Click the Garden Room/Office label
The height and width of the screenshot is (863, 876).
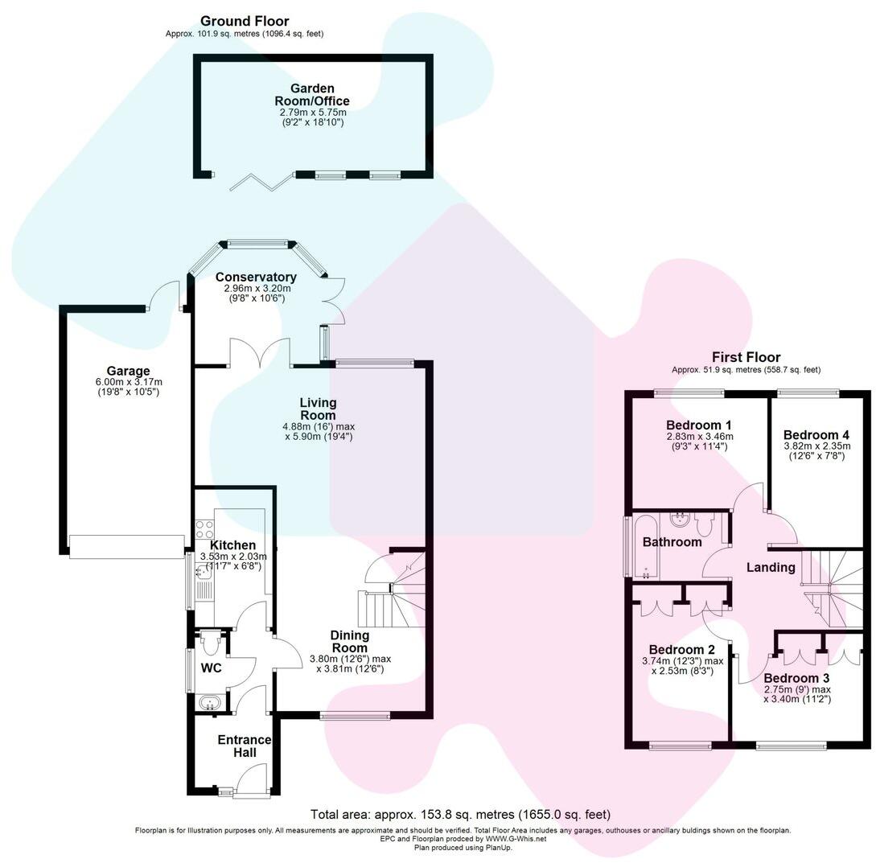tap(313, 95)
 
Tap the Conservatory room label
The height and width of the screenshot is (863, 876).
tap(256, 277)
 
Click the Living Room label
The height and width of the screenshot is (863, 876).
tap(318, 409)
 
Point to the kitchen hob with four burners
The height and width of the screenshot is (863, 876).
tap(203, 529)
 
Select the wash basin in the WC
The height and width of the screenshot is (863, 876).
tap(212, 703)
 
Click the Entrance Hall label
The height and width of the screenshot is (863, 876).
tap(245, 746)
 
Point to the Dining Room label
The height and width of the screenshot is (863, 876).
tap(350, 642)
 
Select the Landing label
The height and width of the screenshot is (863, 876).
tap(771, 567)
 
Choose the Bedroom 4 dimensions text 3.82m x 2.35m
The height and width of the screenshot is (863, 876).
tap(817, 446)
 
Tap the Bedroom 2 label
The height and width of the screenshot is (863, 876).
tap(682, 650)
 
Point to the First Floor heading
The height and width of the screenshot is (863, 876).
tap(746, 357)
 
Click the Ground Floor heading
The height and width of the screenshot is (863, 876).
tap(245, 21)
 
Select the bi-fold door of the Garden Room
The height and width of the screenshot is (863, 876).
tap(260, 183)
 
